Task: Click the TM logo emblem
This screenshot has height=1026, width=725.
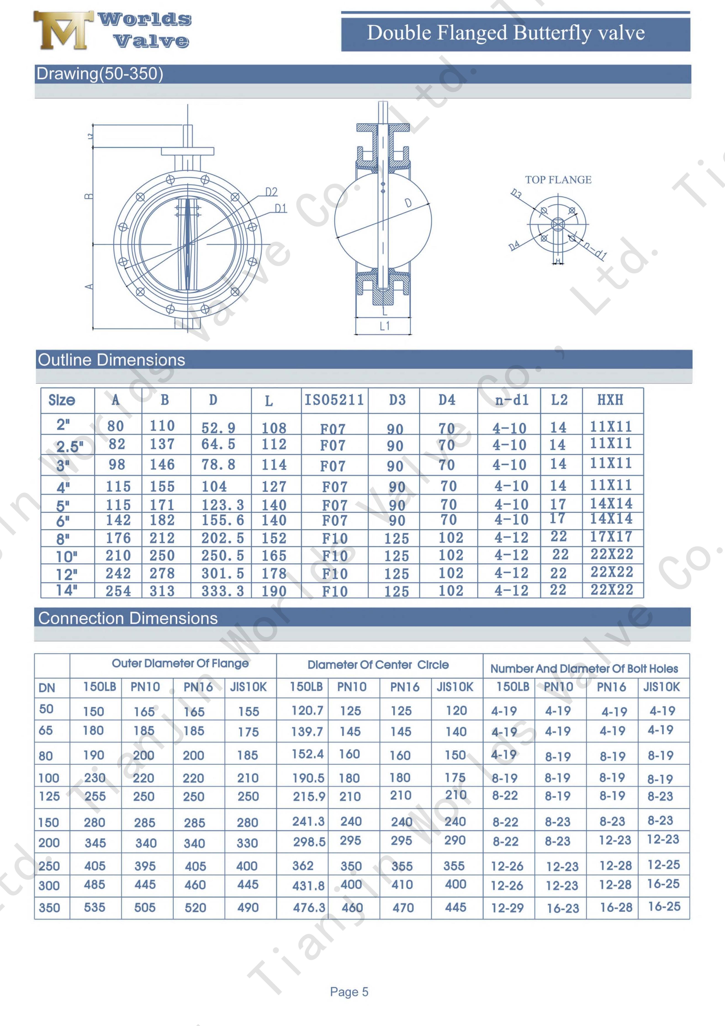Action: pyautogui.click(x=63, y=30)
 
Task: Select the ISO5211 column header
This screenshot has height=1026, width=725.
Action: pyautogui.click(x=334, y=399)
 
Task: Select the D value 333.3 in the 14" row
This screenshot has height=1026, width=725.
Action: pyautogui.click(x=222, y=591)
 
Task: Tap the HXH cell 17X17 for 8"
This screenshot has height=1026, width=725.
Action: pyautogui.click(x=611, y=536)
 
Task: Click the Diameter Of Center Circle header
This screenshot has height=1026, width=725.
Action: pyautogui.click(x=378, y=665)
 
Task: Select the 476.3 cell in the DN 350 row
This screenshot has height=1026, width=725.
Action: pyautogui.click(x=309, y=908)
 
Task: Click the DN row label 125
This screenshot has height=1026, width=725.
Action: pyautogui.click(x=49, y=796)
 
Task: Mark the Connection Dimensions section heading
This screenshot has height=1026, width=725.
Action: pyautogui.click(x=128, y=618)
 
